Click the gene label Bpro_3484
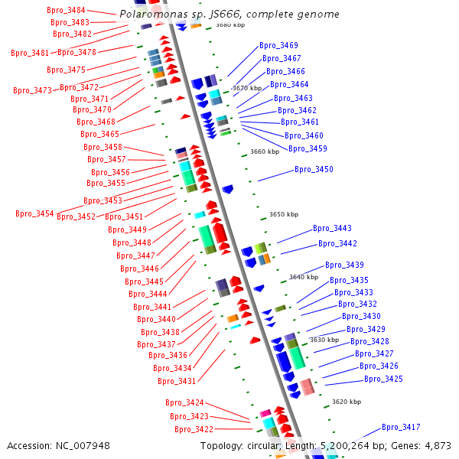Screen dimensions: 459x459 [x=66, y=10]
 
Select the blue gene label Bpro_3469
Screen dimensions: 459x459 [x=278, y=45]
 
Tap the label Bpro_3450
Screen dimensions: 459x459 [x=314, y=169]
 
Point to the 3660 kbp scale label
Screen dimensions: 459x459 [x=265, y=151]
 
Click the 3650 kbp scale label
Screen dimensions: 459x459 [x=284, y=214]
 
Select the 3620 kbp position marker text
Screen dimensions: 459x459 [x=347, y=402]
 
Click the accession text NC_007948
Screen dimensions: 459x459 [x=83, y=446]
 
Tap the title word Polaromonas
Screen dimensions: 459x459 [x=154, y=14]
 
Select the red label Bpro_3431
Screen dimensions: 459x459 [x=177, y=381]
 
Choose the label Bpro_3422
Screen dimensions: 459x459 [x=194, y=429]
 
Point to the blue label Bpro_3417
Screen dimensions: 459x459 [x=401, y=427]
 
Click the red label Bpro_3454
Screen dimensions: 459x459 [x=34, y=213]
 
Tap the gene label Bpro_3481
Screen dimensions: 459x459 [x=30, y=53]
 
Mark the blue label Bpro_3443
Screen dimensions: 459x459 [x=332, y=228]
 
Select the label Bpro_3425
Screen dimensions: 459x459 [x=383, y=379]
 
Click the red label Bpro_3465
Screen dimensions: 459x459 [x=99, y=134]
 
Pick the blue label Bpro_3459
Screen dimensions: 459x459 [x=308, y=148]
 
